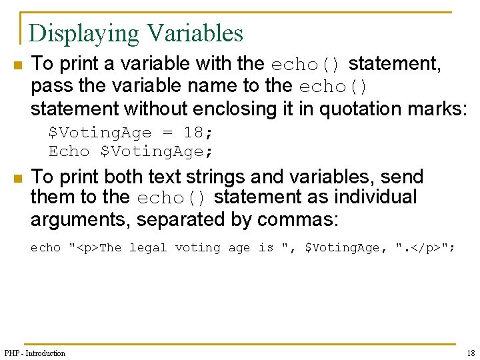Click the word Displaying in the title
(x=84, y=33)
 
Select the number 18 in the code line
(x=193, y=133)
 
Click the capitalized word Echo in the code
(x=69, y=151)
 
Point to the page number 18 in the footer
(x=471, y=353)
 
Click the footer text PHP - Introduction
(x=35, y=353)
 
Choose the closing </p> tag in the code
(x=424, y=248)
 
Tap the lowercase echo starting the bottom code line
(x=45, y=248)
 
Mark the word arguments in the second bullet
(x=72, y=219)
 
